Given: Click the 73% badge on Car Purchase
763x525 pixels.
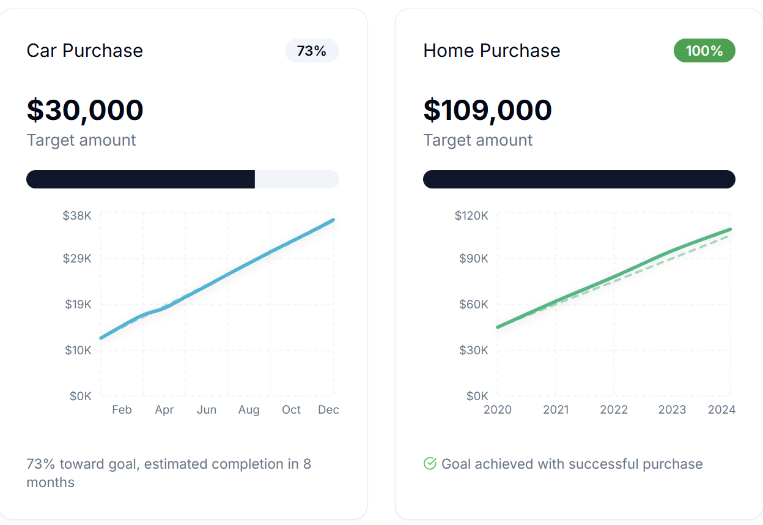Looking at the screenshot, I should (312, 51).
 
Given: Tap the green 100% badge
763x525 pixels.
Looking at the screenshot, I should (704, 51).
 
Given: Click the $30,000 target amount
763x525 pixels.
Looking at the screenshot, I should (85, 110).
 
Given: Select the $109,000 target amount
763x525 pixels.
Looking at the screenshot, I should (487, 110).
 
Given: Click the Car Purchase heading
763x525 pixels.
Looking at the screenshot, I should (84, 50).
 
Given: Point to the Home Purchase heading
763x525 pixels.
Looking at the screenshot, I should (492, 50).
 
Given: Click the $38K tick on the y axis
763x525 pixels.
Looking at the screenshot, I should (77, 215).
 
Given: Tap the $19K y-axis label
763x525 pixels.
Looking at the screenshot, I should (78, 304).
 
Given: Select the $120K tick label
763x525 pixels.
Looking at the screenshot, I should (471, 215).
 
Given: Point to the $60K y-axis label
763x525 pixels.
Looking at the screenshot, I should (474, 304).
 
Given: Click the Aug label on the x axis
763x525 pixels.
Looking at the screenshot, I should (249, 410).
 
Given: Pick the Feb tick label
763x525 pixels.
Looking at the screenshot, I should (122, 410).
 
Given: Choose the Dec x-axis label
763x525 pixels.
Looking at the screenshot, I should (328, 410).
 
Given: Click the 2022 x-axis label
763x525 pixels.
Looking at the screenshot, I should (614, 410).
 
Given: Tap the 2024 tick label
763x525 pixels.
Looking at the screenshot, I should (721, 410).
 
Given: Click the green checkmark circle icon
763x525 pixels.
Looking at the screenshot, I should (430, 464).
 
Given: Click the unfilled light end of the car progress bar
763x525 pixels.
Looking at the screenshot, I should (297, 179).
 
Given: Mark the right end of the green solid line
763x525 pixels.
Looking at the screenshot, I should (731, 229).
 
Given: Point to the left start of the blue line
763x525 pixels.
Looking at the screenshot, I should (101, 338).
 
